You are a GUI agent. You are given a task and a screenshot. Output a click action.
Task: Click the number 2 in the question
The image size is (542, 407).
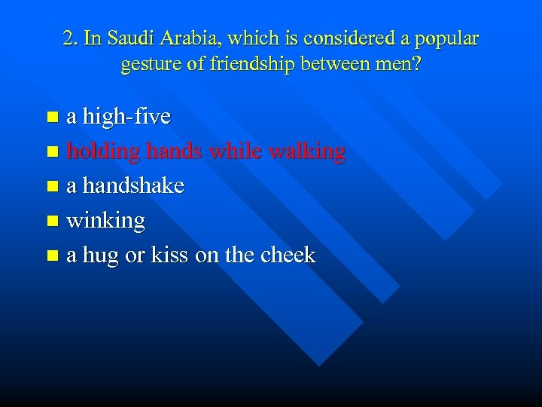pos(69,38)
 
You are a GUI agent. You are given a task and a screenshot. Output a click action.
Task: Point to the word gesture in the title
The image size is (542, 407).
pos(149,65)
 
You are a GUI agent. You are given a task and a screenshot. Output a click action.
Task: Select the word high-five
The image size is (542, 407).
pos(126,117)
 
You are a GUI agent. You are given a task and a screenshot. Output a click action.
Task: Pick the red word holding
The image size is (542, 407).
pos(104,151)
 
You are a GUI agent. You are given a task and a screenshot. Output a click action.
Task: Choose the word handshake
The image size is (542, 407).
pos(133,185)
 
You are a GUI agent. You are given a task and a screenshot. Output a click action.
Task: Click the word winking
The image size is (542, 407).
pos(105,221)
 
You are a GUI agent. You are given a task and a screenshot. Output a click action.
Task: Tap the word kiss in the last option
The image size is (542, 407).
pos(169,255)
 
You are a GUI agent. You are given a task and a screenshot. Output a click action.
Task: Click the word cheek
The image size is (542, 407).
pos(288,255)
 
